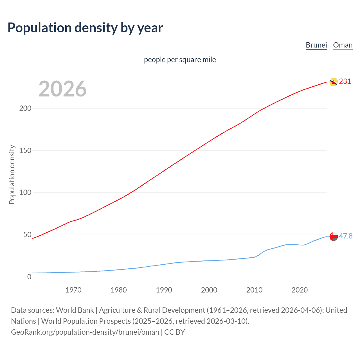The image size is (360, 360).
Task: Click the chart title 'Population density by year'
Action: point(85,28)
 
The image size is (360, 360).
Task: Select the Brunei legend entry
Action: point(316,45)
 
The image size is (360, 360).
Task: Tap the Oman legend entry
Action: point(343,45)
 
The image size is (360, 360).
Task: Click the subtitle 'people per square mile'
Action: point(180,60)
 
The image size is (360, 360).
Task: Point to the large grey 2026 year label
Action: point(62,89)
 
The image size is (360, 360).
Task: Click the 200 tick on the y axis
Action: point(25,108)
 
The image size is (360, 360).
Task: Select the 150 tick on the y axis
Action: point(25,150)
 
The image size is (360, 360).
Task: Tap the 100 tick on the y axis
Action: point(25,193)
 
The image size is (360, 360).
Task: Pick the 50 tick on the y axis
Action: point(27,235)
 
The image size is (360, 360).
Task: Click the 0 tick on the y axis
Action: point(29,277)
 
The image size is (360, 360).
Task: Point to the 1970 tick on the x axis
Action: point(73,290)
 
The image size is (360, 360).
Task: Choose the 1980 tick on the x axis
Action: point(119,290)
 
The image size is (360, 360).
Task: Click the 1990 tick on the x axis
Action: point(164,290)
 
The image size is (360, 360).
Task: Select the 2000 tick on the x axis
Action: point(209,290)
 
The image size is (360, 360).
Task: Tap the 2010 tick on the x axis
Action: point(254,290)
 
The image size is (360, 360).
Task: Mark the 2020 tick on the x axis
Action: point(300,290)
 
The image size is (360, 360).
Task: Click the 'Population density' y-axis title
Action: point(12,174)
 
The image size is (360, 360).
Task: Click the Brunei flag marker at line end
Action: point(333,82)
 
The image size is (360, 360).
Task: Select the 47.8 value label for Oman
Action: point(346,236)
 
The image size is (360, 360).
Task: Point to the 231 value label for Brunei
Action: point(345,81)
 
